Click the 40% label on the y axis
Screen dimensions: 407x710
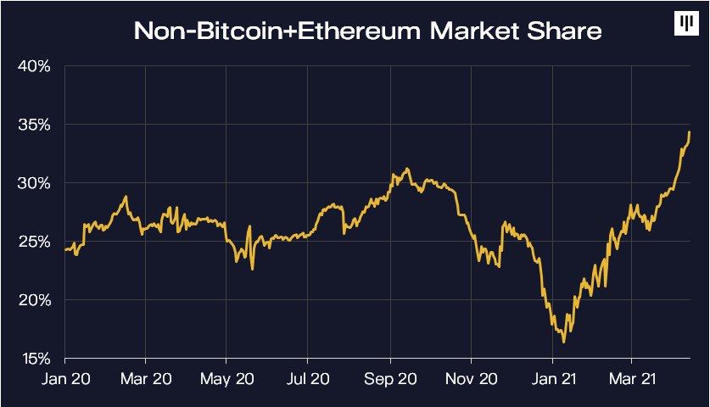34,66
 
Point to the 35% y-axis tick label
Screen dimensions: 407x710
34,125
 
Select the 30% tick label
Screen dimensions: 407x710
34,183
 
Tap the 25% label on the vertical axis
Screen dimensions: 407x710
34,242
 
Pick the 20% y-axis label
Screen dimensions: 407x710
34,300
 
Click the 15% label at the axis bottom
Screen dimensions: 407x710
34,358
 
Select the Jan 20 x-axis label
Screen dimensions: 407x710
64,378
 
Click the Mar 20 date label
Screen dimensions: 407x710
146,378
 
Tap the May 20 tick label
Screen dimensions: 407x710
226,378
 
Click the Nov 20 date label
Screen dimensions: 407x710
471,378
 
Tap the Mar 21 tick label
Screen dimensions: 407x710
631,378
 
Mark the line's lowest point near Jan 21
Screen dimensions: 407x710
564,342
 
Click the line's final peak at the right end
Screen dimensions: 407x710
690,132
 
